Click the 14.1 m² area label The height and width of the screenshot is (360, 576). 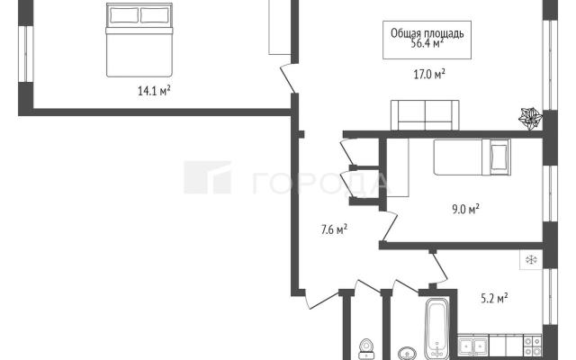click(154, 90)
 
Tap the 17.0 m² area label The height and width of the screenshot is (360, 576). click(429, 75)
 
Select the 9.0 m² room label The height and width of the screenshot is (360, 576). click(465, 210)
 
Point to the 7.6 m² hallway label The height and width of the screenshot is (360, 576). click(334, 229)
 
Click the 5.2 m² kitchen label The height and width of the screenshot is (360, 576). click(494, 298)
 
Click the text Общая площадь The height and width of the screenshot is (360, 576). click(427, 33)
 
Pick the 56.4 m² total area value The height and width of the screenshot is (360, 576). click(427, 44)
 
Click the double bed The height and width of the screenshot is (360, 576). click(139, 40)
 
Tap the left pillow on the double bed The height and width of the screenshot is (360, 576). click(124, 15)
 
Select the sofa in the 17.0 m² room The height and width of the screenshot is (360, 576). click(425, 115)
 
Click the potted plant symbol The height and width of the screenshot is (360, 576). click(530, 118)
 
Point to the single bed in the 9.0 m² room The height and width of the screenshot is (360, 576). click(472, 157)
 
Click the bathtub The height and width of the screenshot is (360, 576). click(436, 328)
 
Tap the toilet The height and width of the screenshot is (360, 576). click(366, 349)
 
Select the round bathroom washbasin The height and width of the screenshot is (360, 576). click(407, 354)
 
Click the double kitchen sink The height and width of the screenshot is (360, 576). click(473, 346)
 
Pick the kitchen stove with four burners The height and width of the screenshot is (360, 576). click(532, 346)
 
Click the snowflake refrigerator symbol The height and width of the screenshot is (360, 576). click(531, 260)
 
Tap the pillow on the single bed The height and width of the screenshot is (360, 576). click(499, 157)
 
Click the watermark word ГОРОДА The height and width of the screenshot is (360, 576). click(320, 183)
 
